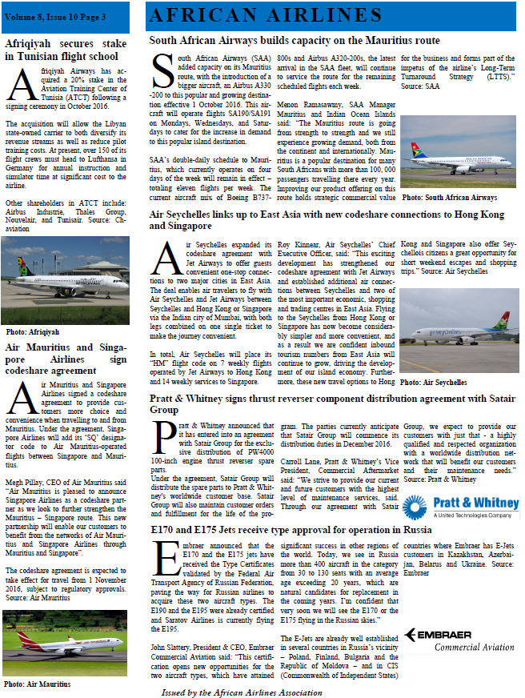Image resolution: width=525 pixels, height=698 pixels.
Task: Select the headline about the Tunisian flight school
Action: (x=62, y=50)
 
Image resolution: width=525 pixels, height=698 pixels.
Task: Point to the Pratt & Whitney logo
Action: (x=457, y=507)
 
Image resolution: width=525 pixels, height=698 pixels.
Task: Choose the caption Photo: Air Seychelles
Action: (x=433, y=383)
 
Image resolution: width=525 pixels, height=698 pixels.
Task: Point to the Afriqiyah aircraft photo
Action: (x=66, y=279)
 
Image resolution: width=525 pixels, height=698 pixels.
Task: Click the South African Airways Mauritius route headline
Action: (x=295, y=39)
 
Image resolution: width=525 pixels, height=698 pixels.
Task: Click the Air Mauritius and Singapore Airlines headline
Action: (x=62, y=359)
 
